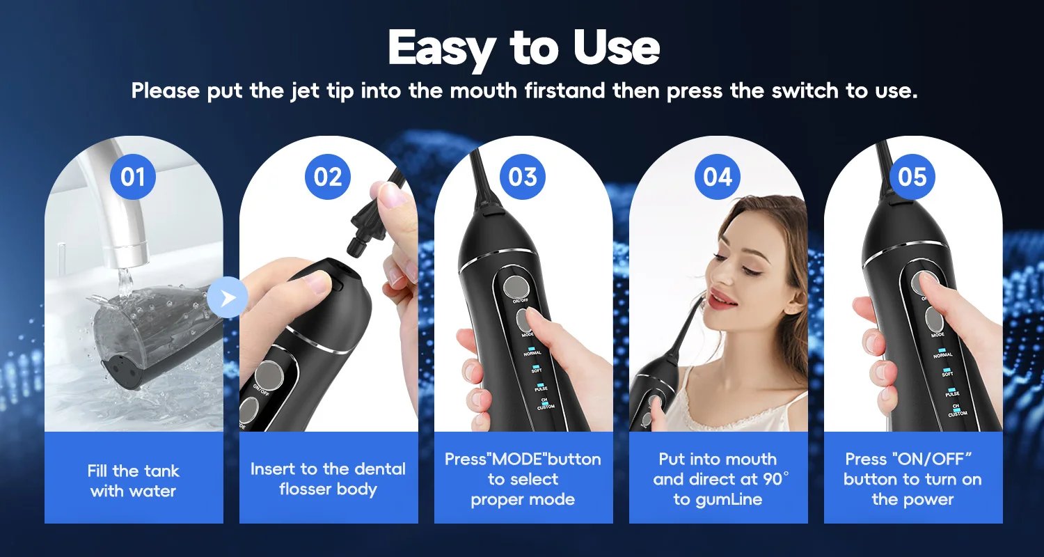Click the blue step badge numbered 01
[x=133, y=177]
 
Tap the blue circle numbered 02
[x=328, y=177]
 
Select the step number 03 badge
[x=523, y=177]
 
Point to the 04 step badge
[x=718, y=177]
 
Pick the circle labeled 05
[x=912, y=177]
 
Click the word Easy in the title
[x=443, y=49]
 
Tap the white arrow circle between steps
[x=227, y=299]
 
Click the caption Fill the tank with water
[x=133, y=481]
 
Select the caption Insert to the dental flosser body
[x=328, y=479]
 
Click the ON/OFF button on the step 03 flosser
[x=516, y=285]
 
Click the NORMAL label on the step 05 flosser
[x=943, y=354]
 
